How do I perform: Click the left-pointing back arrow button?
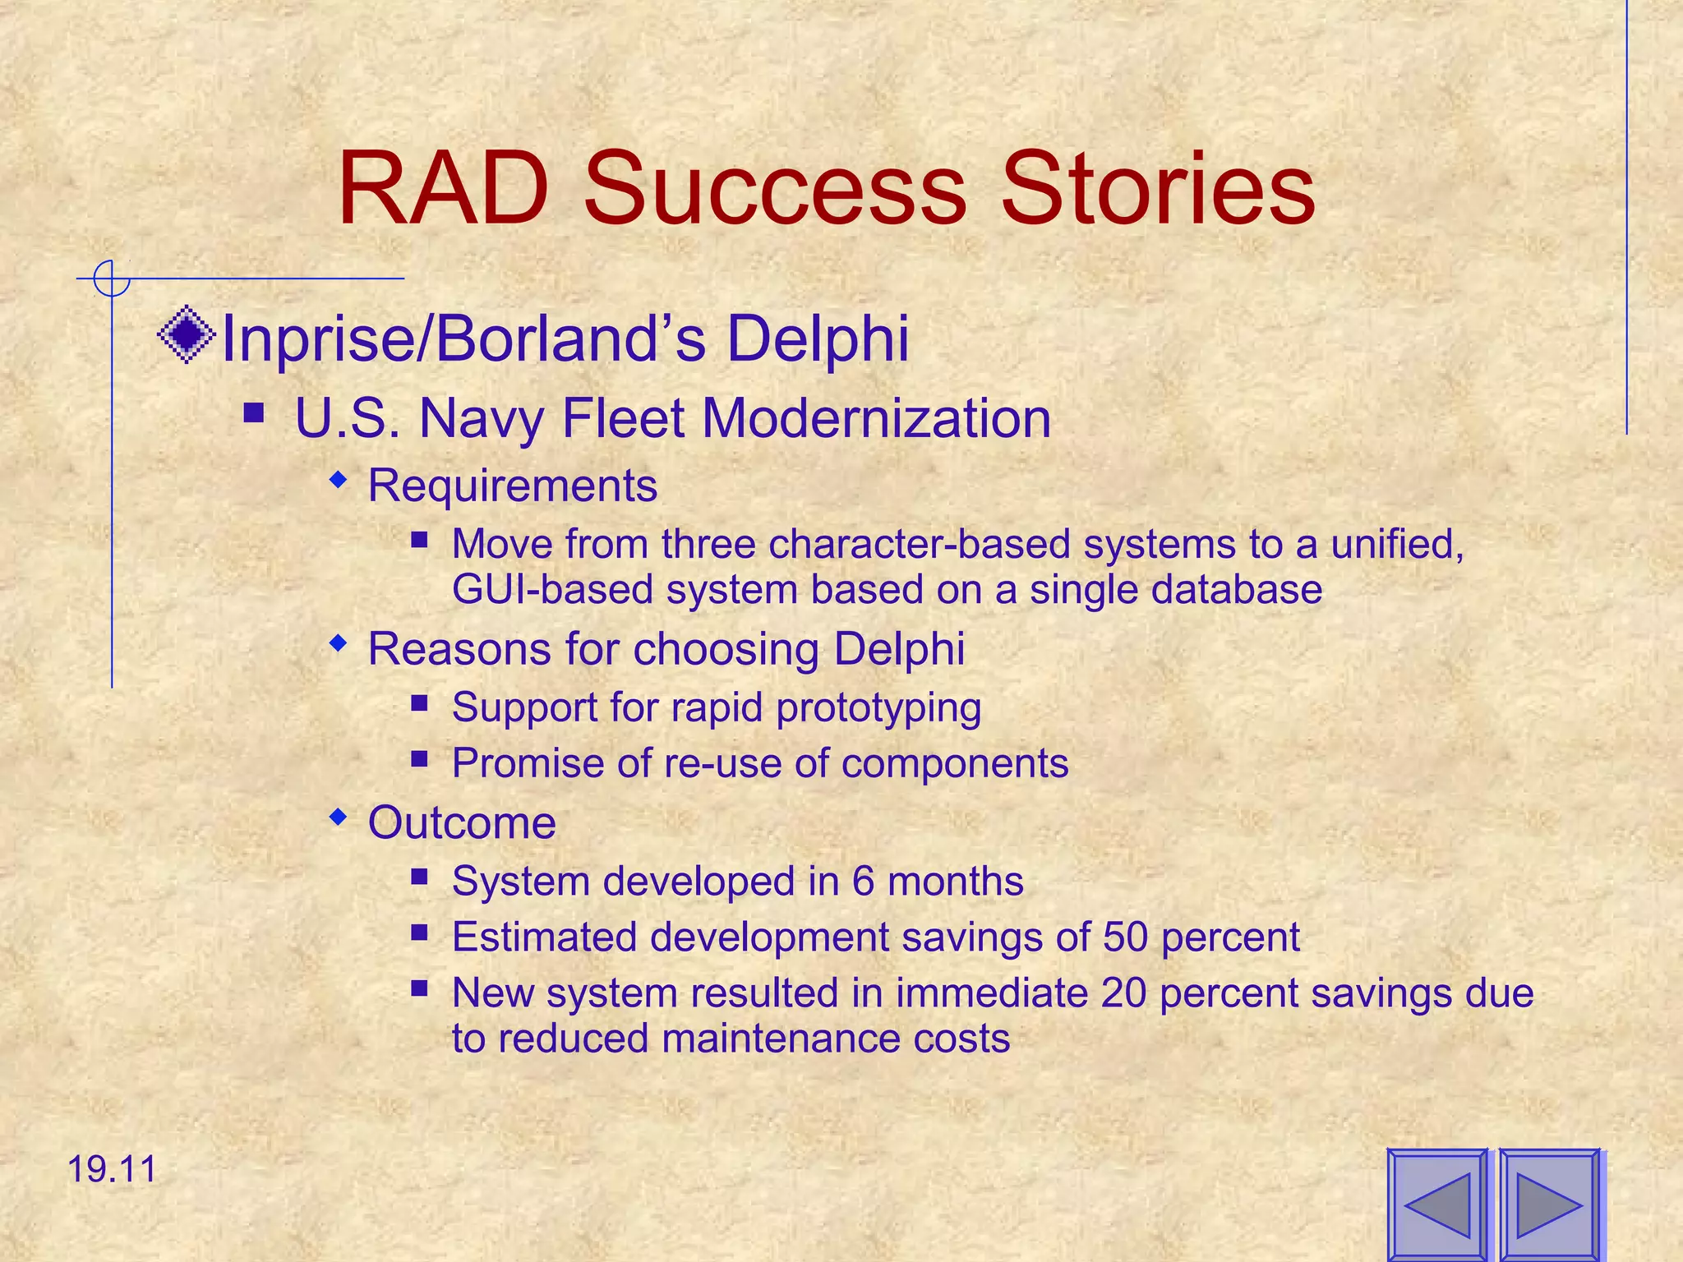[x=1438, y=1205]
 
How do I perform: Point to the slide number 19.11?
[x=112, y=1169]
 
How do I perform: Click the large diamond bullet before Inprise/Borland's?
[x=187, y=334]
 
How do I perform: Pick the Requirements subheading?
[x=512, y=486]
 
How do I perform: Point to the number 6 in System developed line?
[x=863, y=882]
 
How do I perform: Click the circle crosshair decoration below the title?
[x=111, y=279]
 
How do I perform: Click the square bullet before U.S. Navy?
[x=254, y=411]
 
